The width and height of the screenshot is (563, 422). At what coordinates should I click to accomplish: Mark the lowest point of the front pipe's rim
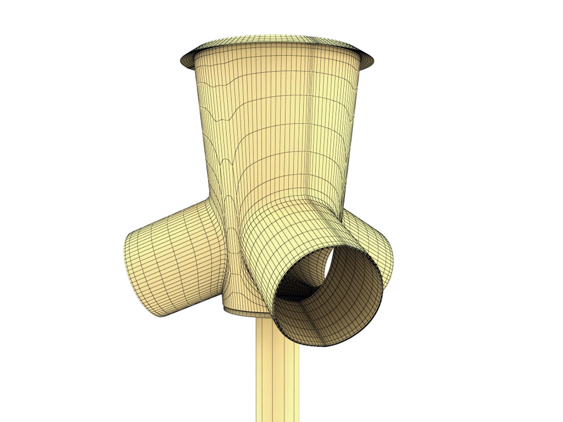(325, 346)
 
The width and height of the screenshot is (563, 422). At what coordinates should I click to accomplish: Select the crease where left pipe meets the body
(221, 250)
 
